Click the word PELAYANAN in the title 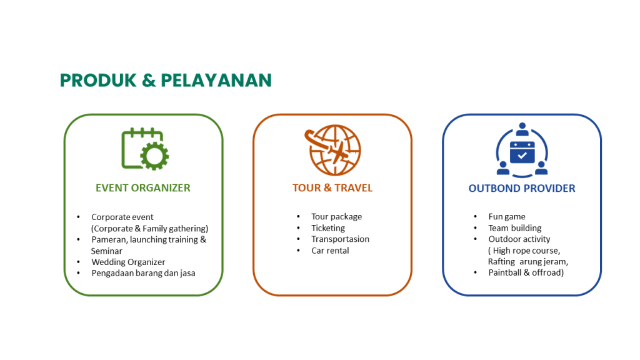coord(216,80)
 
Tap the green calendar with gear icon coord(145,149)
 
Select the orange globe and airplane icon coord(332,150)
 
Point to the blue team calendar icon coord(522,150)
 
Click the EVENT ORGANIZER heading coord(143,187)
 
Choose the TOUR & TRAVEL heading coord(332,187)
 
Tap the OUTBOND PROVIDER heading coord(522,188)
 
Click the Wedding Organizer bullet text coord(128,262)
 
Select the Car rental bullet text coord(330,251)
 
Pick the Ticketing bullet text coord(328,228)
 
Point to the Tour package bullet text coord(337,217)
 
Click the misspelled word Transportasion coord(341,239)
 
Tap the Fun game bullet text coord(507,217)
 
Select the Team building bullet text coord(515,228)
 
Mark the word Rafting coord(502,262)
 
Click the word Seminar coord(106,251)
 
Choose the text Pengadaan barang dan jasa coord(143,273)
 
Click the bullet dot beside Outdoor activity coord(476,239)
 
